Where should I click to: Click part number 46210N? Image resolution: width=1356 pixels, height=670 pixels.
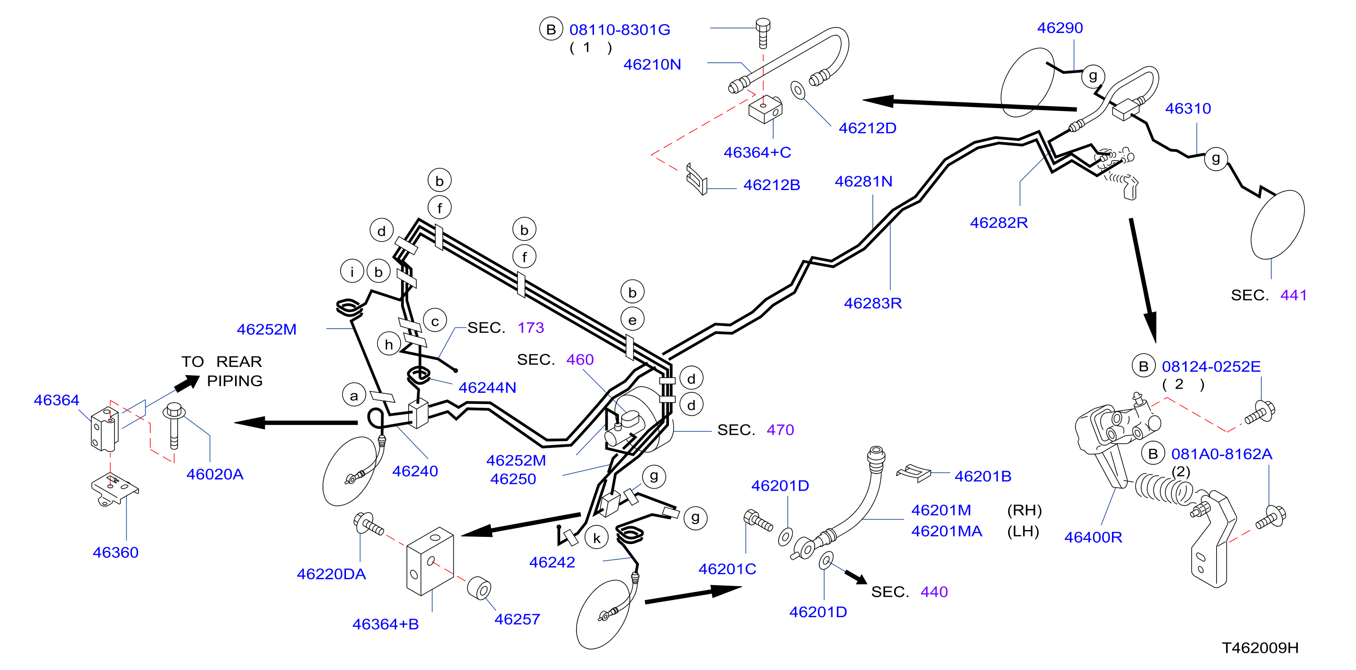pyautogui.click(x=652, y=64)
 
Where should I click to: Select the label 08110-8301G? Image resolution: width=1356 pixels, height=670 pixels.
pyautogui.click(x=619, y=29)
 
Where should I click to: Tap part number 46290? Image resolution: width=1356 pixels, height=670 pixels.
pyautogui.click(x=1060, y=28)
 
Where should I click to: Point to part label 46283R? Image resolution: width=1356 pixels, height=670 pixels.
pyautogui.click(x=873, y=303)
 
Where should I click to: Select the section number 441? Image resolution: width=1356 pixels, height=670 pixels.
pyautogui.click(x=1293, y=295)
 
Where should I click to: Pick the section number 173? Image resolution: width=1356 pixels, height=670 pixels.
pyautogui.click(x=530, y=328)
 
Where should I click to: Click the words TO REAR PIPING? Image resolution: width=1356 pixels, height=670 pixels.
pyautogui.click(x=222, y=371)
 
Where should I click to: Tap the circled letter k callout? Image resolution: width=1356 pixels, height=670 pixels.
pyautogui.click(x=596, y=538)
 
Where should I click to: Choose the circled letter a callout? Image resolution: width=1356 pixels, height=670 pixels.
pyautogui.click(x=354, y=395)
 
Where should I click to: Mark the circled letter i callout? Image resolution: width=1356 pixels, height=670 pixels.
pyautogui.click(x=352, y=272)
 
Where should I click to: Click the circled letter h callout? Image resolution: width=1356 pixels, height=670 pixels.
pyautogui.click(x=389, y=344)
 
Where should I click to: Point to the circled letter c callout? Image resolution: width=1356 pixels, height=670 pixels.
pyautogui.click(x=435, y=321)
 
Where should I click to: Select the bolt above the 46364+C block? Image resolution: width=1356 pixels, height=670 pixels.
pyautogui.click(x=763, y=33)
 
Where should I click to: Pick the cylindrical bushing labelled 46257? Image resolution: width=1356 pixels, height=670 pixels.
pyautogui.click(x=479, y=588)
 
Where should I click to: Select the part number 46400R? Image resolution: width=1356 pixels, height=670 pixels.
pyautogui.click(x=1093, y=537)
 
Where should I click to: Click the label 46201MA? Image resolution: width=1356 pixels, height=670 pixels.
pyautogui.click(x=946, y=531)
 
